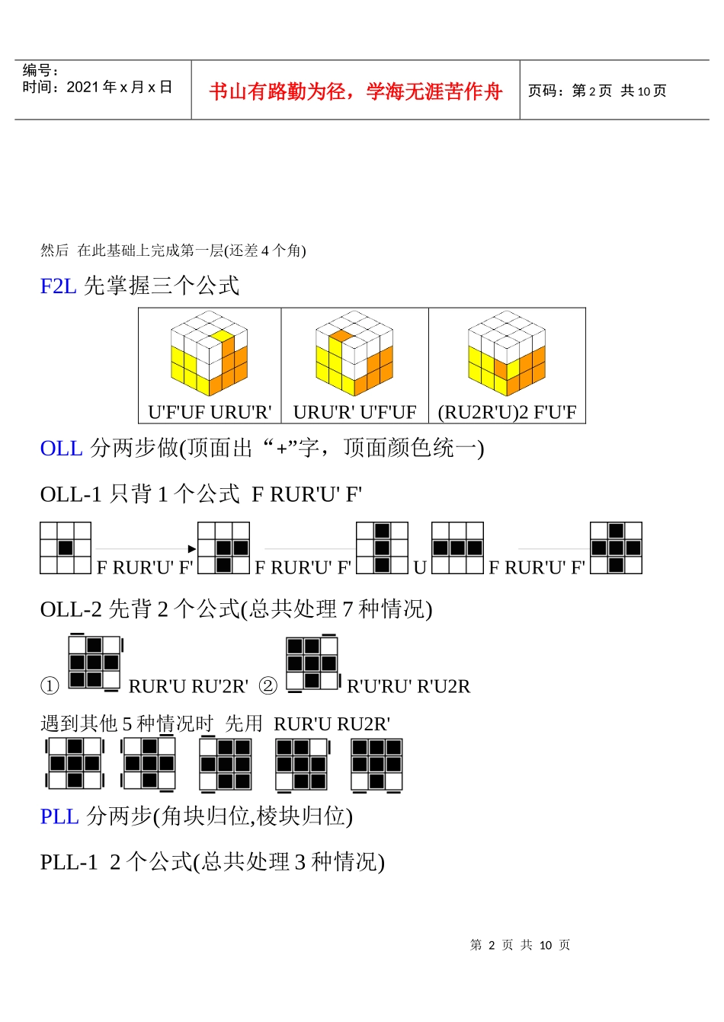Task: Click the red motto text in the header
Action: [x=356, y=91]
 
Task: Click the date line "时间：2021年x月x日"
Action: [x=98, y=87]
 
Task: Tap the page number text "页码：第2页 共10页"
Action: [x=597, y=91]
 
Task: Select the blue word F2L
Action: [x=58, y=286]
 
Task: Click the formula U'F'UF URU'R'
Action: [x=210, y=412]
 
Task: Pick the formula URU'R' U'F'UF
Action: [x=355, y=412]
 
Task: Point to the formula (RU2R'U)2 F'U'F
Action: [x=507, y=412]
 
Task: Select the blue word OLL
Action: [x=61, y=448]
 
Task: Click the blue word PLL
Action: [x=59, y=816]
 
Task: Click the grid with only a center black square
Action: [x=66, y=548]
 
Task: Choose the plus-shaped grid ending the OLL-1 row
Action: [x=616, y=548]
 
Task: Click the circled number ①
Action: [x=50, y=686]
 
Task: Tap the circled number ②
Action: [x=268, y=686]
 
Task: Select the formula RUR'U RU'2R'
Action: [x=188, y=686]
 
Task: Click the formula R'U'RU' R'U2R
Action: [x=408, y=686]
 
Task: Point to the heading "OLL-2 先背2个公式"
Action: [x=236, y=609]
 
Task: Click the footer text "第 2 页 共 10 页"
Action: [x=521, y=945]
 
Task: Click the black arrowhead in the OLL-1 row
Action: [x=191, y=548]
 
